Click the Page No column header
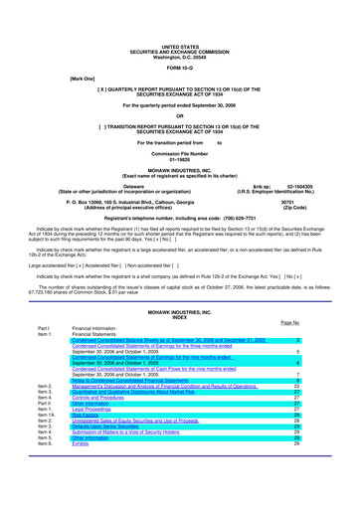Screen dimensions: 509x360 [x=291, y=325]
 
